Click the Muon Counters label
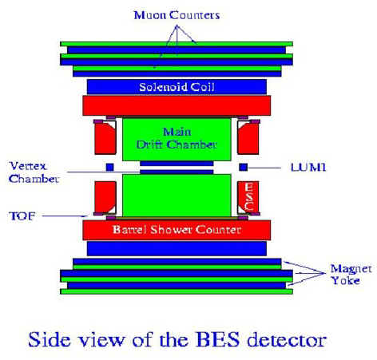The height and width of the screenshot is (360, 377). [177, 15]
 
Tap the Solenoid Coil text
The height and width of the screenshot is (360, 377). [177, 87]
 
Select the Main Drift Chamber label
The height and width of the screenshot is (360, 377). [177, 138]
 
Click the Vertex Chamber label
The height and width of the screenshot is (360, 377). [34, 172]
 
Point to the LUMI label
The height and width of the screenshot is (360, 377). [308, 168]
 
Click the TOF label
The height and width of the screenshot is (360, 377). [22, 216]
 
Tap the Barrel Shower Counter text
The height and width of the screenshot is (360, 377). [177, 229]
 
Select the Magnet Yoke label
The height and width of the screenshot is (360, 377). [351, 275]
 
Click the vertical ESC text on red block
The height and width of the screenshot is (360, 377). [248, 196]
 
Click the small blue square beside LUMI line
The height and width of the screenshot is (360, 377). [244, 167]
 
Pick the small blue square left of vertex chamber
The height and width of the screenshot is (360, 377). [110, 167]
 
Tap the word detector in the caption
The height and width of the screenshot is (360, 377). [287, 340]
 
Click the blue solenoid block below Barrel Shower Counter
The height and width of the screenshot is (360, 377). [177, 248]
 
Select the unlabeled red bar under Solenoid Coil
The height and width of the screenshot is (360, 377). [177, 105]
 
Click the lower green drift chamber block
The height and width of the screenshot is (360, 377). [177, 196]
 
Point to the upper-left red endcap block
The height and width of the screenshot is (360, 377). [105, 137]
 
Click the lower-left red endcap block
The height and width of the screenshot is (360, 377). [105, 197]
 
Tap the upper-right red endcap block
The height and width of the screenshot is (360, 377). [248, 137]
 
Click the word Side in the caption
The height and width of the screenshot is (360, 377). [49, 339]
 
